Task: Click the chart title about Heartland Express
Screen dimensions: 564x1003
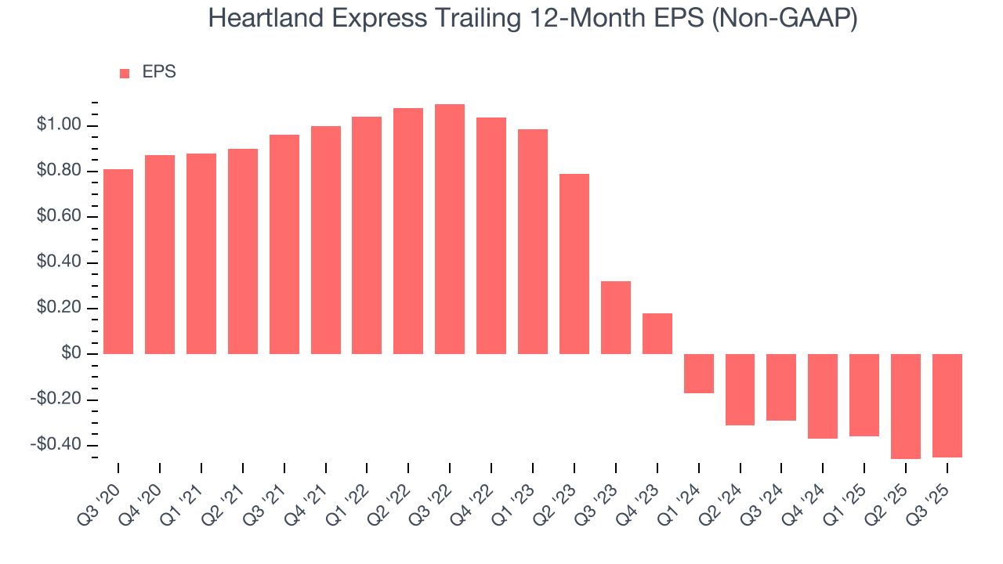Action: (x=533, y=19)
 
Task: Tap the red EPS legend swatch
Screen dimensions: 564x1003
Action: (x=125, y=74)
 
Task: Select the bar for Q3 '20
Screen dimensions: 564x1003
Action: (x=118, y=262)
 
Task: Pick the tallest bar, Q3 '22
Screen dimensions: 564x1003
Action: (x=450, y=229)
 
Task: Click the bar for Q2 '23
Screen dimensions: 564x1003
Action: (x=574, y=264)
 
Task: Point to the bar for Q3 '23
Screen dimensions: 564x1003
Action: (x=616, y=317)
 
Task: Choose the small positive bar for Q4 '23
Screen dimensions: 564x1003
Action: (x=657, y=334)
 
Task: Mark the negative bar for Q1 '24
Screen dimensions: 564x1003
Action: (x=699, y=374)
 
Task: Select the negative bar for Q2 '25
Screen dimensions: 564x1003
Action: (x=906, y=407)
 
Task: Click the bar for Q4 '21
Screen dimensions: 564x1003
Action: (x=326, y=240)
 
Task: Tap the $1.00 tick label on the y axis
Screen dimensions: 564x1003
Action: (x=59, y=125)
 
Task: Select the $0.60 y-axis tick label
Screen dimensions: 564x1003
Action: (x=59, y=217)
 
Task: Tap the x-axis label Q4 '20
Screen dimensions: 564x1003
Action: (x=143, y=492)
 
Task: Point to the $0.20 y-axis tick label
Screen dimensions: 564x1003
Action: (x=59, y=309)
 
